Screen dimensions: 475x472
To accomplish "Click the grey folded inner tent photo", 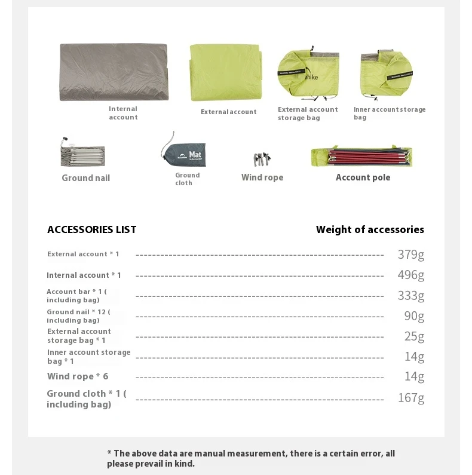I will (114, 72).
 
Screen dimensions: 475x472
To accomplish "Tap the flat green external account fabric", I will (226, 72).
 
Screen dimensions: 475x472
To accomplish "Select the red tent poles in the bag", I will (361, 157).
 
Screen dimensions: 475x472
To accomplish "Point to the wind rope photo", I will (262, 160).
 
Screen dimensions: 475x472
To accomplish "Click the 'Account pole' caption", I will (363, 177).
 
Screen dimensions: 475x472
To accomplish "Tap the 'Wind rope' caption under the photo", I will (262, 177).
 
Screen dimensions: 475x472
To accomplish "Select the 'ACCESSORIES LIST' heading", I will (92, 229).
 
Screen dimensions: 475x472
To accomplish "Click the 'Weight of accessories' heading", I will (370, 229).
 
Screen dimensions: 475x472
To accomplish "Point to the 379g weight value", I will (411, 255).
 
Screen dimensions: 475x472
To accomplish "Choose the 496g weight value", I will (411, 275).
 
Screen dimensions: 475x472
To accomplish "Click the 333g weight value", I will (411, 296).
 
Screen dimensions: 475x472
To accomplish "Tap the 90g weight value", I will (414, 316).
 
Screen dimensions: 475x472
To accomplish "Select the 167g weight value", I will (411, 398).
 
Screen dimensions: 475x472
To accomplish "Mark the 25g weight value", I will (414, 336).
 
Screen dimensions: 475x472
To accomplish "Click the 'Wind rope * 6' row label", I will (78, 376).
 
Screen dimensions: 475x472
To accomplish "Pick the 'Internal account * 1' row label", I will (84, 275).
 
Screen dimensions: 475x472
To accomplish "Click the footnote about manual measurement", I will (251, 458).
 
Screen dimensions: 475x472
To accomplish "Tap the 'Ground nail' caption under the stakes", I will (86, 178).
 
